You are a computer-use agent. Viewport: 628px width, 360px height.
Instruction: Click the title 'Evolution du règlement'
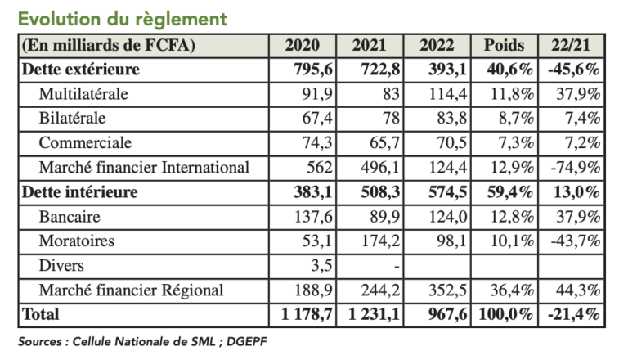coord(123,18)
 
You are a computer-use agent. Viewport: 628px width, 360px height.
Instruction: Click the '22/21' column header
coord(575,45)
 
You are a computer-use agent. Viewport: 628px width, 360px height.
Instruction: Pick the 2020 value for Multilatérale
coord(316,94)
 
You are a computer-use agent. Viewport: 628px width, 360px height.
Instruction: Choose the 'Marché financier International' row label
coord(143,168)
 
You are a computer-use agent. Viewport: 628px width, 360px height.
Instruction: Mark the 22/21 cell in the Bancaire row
coord(578,217)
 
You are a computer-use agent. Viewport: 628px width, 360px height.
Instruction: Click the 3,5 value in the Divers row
coord(323,266)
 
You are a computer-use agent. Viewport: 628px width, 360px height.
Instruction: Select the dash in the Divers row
coord(395,266)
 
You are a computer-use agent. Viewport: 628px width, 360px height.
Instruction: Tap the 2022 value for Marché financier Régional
coord(448,290)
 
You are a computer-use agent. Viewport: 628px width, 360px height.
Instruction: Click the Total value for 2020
coord(307,314)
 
